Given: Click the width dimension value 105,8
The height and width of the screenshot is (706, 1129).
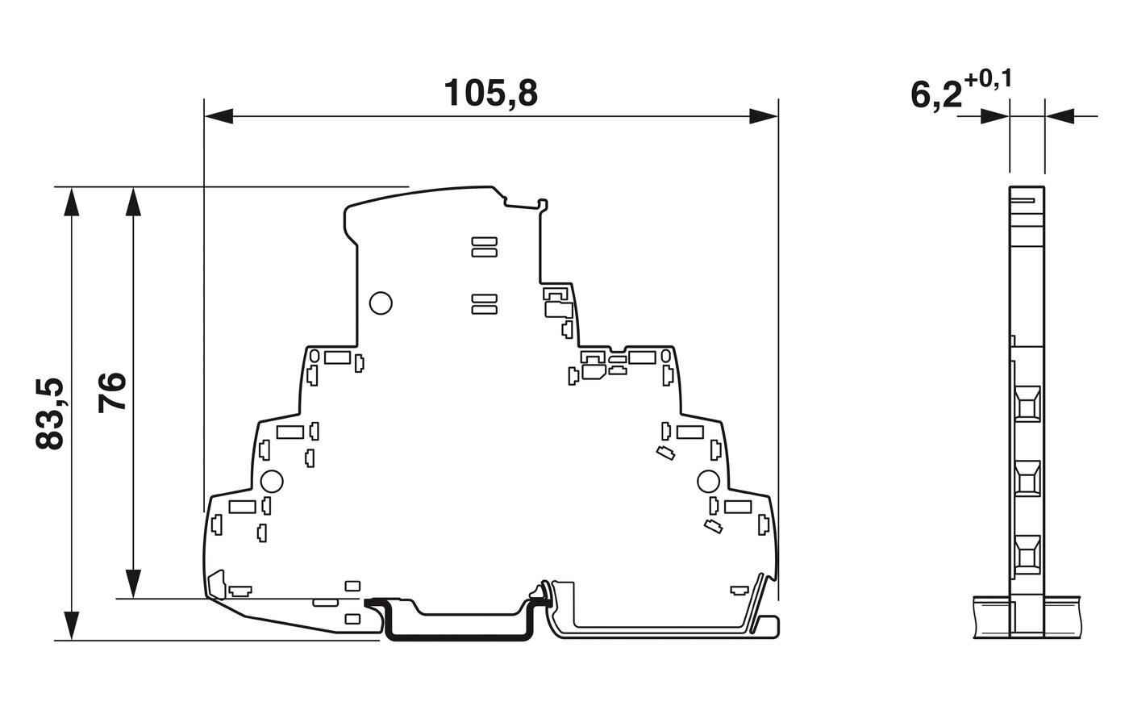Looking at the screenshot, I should [491, 94].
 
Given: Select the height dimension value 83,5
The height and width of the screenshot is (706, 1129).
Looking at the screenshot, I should [50, 414].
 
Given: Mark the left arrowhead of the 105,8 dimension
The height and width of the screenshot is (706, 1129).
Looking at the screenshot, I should [218, 117].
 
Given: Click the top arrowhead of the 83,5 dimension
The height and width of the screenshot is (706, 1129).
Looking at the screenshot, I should [72, 202].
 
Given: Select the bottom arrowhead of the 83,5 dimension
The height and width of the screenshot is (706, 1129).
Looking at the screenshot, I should [72, 626].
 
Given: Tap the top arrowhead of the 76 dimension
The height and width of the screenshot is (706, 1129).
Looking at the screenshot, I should [134, 202].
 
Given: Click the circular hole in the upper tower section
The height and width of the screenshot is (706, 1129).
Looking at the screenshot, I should [380, 303].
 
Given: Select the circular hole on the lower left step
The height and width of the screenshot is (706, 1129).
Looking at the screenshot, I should [272, 482].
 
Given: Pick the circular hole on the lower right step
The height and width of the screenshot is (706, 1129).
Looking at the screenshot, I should [707, 482].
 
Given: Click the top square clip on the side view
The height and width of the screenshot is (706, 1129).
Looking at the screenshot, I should [1027, 403].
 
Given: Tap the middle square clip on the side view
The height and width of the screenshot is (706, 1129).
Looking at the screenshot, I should [1027, 478].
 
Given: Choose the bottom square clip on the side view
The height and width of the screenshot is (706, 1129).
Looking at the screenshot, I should [1027, 554].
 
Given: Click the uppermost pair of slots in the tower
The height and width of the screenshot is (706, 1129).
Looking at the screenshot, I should [483, 246].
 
